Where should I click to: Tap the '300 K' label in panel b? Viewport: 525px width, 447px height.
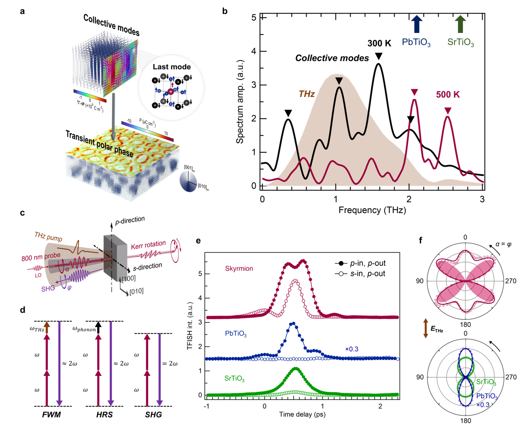point(379,43)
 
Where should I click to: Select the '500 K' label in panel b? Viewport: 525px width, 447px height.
point(448,94)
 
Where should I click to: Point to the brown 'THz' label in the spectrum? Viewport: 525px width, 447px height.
point(307,94)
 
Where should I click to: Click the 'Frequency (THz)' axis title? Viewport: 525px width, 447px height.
point(372,210)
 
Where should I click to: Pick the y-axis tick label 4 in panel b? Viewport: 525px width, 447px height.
point(254,51)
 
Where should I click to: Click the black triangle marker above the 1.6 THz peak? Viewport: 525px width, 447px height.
point(378,56)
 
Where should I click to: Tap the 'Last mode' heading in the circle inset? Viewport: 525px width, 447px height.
point(172,67)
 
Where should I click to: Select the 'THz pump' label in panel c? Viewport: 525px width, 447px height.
point(49,237)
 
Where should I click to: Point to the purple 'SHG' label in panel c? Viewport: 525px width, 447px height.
point(48,289)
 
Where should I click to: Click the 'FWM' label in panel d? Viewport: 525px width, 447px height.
point(51,415)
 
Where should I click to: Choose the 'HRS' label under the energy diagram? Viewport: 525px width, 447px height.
point(104,415)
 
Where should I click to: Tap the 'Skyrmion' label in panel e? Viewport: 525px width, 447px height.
point(239,268)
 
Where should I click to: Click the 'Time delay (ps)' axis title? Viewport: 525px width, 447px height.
point(302,414)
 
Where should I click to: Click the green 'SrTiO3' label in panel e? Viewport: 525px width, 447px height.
point(234,378)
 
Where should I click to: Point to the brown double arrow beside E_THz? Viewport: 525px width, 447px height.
point(426,328)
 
